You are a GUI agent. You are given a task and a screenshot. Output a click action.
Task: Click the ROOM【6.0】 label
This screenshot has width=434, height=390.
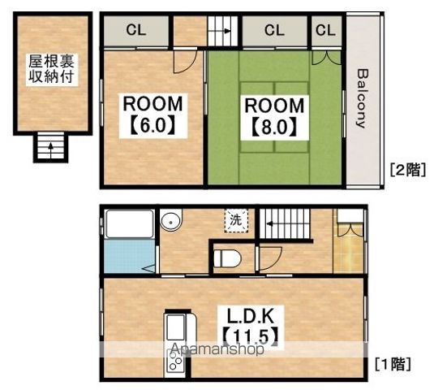click(x=153, y=115)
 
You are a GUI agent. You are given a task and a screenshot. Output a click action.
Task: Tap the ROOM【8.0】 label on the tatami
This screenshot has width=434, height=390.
click(x=274, y=117)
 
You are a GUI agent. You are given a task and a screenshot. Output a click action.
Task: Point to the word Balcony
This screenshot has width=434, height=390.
click(x=363, y=98)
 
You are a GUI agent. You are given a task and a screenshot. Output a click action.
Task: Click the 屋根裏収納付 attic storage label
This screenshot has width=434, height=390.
click(x=51, y=69)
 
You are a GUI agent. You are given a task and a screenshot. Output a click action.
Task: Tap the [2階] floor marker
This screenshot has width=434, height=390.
click(x=408, y=170)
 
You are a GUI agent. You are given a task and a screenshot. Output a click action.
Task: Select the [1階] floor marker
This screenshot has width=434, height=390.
click(x=393, y=364)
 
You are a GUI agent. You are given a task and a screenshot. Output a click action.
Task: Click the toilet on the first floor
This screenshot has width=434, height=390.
click(x=227, y=259)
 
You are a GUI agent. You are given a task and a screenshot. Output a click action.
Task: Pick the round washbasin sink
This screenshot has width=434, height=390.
click(x=171, y=221)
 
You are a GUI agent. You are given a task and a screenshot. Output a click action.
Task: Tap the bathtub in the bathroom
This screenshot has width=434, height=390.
click(x=130, y=224)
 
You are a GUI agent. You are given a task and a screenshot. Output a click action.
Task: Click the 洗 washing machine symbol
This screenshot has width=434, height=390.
click(x=236, y=220)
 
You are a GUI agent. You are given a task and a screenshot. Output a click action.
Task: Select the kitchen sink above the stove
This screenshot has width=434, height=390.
click(x=175, y=327)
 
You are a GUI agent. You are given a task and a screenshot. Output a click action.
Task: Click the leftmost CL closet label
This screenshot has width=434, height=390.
click(x=136, y=30)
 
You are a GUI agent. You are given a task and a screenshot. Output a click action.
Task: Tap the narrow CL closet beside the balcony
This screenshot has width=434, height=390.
click(x=325, y=30)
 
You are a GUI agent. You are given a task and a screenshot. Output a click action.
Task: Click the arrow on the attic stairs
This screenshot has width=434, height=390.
click(x=50, y=149)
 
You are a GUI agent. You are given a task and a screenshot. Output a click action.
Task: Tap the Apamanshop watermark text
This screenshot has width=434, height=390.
click(x=217, y=349)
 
